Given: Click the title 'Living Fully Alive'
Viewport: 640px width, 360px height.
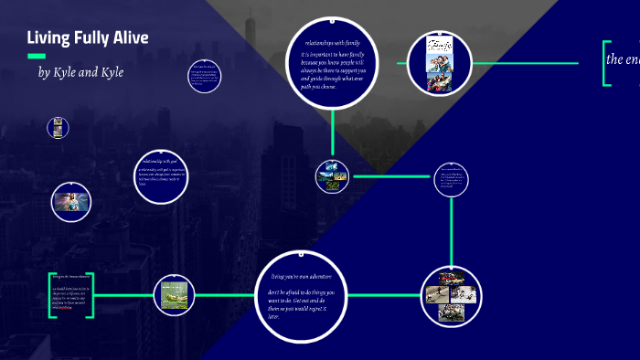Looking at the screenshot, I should coord(87,37).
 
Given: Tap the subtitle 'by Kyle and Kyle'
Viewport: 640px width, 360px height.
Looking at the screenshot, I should coord(80,71).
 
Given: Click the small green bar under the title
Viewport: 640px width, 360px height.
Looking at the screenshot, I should coord(37,56).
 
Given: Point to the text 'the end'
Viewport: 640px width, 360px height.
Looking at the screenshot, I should coord(623,59).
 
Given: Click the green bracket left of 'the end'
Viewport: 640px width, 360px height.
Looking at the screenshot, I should coord(605,63).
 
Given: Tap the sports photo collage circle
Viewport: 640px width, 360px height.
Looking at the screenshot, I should coord(452,294).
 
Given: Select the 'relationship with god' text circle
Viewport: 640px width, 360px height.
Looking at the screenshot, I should coord(162,177).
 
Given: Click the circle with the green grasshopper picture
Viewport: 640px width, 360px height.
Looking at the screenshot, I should coord(174,294).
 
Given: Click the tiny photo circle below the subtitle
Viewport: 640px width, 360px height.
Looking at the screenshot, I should coord(59,128).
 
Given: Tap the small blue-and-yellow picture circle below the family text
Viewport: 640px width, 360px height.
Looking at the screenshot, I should coord(331,175).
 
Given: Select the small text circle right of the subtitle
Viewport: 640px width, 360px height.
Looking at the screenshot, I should coord(205,77).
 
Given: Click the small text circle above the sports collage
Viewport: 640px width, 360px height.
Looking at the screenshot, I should coord(451,180).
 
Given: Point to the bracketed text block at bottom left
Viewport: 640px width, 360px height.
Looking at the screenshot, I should coord(70,294).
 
